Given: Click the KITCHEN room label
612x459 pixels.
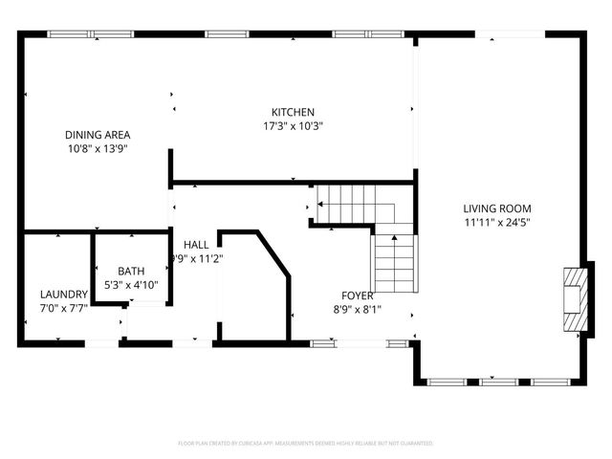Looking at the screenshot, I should tap(293, 112).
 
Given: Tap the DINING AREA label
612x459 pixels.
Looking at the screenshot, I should tap(98, 135).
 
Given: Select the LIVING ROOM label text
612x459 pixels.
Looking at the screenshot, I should tap(497, 208).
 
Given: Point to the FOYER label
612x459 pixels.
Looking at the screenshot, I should tap(358, 295).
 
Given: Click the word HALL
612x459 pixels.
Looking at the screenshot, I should tap(196, 245).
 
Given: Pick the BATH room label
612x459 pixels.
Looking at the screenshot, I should tap(131, 272).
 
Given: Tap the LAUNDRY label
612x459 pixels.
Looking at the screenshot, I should tap(64, 295).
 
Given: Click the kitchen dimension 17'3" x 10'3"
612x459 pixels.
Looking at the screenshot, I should tap(293, 126).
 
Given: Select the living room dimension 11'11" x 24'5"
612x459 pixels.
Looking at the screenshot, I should tap(497, 223).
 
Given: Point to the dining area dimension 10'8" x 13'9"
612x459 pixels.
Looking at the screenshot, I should tap(98, 149).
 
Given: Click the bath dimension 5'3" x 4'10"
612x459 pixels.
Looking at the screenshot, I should tap(131, 285).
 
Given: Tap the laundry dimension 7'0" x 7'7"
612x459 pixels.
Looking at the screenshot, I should tap(64, 308).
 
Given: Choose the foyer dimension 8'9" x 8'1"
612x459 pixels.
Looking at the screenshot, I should tap(358, 309).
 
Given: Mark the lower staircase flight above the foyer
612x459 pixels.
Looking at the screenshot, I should tap(394, 263).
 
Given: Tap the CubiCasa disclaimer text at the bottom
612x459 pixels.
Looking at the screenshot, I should tap(306, 444).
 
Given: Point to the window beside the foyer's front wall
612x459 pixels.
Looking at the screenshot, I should tap(323, 341).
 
